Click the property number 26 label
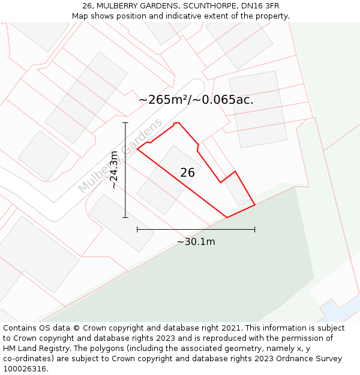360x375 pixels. (187, 173)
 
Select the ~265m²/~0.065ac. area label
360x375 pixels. (196, 100)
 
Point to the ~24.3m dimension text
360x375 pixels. (114, 170)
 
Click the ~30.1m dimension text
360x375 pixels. (196, 242)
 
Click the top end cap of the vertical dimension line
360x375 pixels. (125, 122)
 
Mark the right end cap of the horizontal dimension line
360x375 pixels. (255, 229)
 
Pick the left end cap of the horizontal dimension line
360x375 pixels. (137, 229)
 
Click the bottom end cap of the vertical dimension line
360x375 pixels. (125, 217)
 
